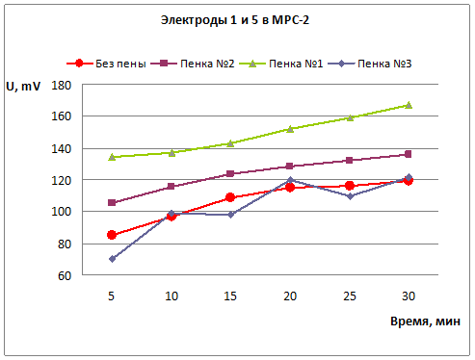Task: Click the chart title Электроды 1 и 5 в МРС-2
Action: [235, 20]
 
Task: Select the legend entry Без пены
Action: [106, 64]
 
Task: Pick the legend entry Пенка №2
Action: [193, 64]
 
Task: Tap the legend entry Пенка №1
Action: [281, 64]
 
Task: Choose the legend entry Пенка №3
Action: [370, 64]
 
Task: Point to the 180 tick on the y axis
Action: [61, 86]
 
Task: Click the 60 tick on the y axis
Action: [65, 275]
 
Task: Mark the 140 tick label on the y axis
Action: [61, 149]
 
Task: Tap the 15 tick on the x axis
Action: [230, 296]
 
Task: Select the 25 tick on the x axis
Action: [350, 296]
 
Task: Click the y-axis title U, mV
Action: [23, 87]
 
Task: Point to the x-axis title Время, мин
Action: [425, 321]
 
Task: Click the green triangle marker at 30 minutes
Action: [409, 105]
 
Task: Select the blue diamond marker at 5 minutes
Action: [112, 259]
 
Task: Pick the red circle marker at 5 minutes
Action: [112, 235]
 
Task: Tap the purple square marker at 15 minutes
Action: [230, 174]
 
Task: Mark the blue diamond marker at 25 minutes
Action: [350, 196]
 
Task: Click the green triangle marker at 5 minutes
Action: [112, 157]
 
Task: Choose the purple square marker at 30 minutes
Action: [409, 154]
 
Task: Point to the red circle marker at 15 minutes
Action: [230, 197]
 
